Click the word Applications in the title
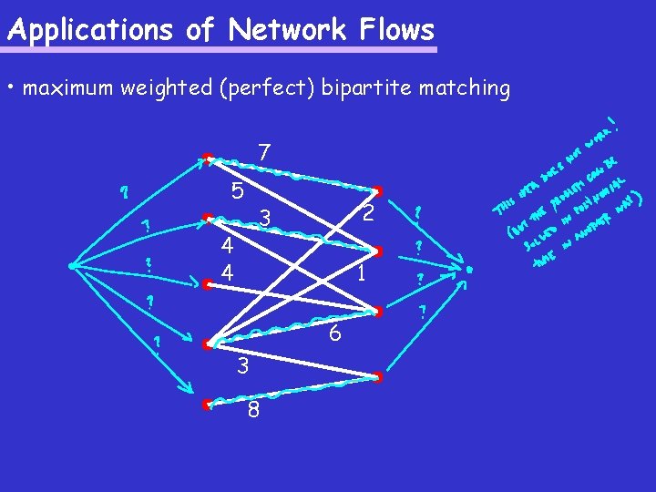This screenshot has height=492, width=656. [88, 31]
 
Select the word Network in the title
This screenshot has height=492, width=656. [287, 30]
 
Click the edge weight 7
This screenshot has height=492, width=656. [263, 152]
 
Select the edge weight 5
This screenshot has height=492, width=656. [237, 191]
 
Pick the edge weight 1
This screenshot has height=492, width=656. [362, 273]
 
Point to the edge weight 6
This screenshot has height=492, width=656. [335, 334]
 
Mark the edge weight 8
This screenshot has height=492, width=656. [253, 411]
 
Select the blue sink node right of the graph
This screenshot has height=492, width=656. [468, 271]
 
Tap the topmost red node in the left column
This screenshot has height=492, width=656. [208, 158]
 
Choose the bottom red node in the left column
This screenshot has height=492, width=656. [206, 403]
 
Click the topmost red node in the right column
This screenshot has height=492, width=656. [376, 190]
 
